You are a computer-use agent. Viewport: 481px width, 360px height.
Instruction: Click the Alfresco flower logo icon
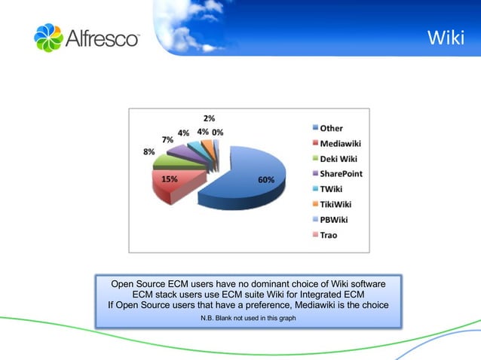49,38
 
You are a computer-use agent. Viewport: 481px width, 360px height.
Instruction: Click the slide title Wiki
445,37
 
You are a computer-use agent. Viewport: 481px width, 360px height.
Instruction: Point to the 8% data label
149,151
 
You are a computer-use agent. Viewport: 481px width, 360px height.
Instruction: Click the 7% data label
167,140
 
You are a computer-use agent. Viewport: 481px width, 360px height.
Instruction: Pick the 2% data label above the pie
209,119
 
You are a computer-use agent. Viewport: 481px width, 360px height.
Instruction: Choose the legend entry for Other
331,128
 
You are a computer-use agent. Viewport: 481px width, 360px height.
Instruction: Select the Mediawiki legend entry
339,143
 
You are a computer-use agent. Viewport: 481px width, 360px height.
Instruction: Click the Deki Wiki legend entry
339,158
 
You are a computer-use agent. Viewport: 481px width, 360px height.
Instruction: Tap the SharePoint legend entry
341,173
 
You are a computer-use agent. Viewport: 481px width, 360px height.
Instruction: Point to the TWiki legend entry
332,189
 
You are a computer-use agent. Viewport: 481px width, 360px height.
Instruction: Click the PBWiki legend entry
335,220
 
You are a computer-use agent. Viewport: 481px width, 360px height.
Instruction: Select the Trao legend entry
329,235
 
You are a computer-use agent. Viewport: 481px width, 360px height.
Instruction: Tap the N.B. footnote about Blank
248,319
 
